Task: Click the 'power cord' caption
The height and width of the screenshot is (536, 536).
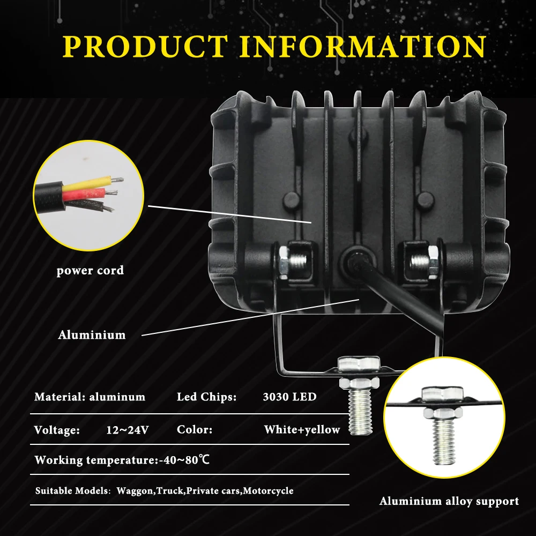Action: (x=90, y=270)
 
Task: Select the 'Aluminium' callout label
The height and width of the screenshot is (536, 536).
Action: (x=92, y=335)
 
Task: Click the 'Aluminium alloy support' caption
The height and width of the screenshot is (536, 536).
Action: (x=449, y=502)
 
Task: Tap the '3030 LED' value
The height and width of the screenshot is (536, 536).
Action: (x=289, y=397)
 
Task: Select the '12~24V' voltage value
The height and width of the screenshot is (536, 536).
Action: (x=127, y=430)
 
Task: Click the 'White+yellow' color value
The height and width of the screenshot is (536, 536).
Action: (x=302, y=430)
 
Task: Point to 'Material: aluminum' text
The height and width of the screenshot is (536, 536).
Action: (x=90, y=397)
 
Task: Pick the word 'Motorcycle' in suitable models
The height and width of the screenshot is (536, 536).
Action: (x=268, y=491)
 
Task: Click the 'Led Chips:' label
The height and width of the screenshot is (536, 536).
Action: (x=206, y=397)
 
